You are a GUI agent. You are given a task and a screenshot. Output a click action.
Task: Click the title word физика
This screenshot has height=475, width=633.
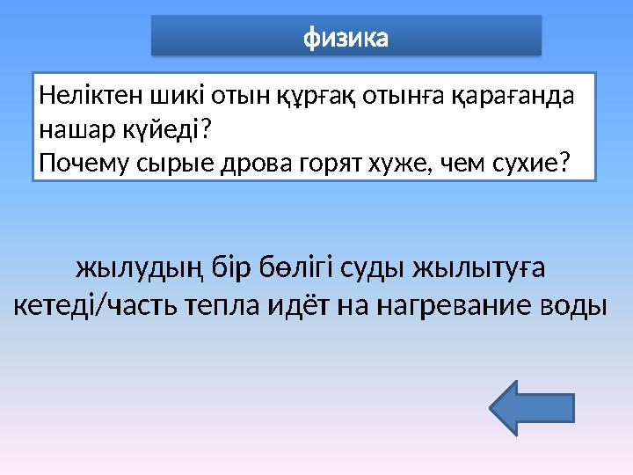pyautogui.click(x=346, y=38)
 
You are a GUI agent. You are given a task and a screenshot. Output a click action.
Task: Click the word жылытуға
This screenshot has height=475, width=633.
pyautogui.click(x=491, y=267)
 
